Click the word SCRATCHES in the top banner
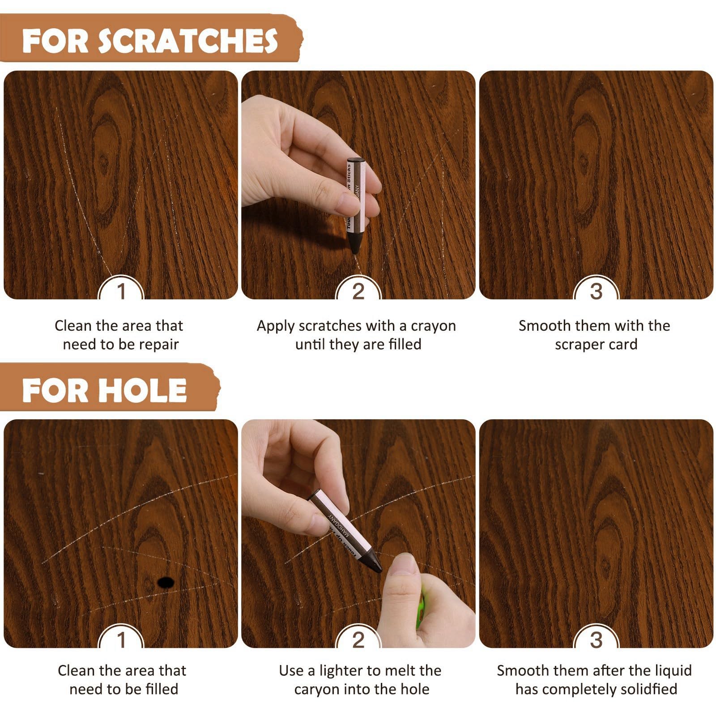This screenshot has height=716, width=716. tap(188, 41)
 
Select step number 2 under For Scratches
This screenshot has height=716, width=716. tap(358, 292)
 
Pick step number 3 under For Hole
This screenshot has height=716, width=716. tap(596, 640)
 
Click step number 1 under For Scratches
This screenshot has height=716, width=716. tap(121, 292)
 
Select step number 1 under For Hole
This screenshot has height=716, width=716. tap(121, 640)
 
